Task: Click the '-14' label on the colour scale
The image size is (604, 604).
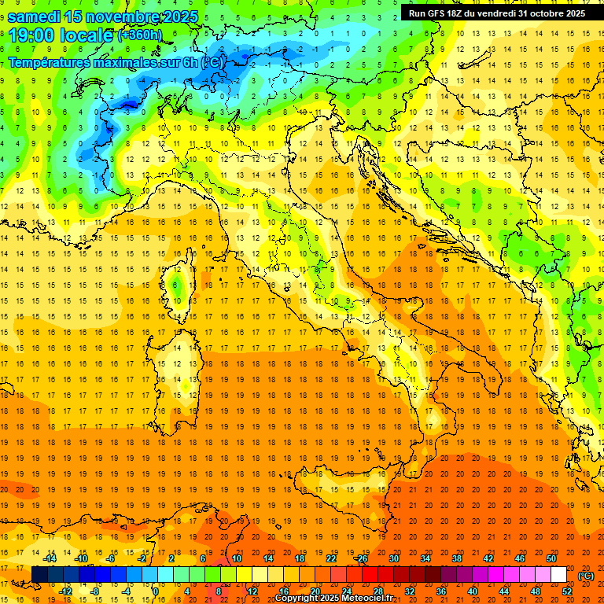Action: [50, 558]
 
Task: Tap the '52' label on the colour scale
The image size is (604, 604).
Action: [567, 591]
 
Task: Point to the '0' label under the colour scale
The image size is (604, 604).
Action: [156, 591]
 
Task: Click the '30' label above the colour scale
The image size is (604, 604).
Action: [393, 558]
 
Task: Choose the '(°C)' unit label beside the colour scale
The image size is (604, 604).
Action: [585, 575]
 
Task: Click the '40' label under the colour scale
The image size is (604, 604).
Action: [472, 591]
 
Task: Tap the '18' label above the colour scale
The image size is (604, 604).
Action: [299, 558]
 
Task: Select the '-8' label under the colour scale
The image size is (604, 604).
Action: [94, 591]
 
